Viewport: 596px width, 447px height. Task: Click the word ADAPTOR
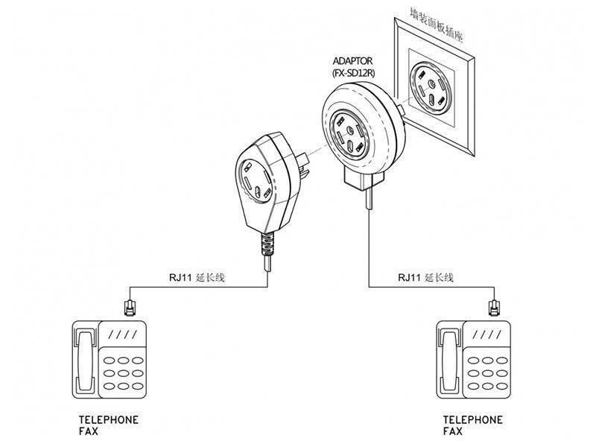point(352,61)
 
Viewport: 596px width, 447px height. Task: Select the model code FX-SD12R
point(353,72)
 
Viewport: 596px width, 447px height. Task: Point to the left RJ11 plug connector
point(130,308)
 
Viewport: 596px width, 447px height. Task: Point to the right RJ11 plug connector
point(494,308)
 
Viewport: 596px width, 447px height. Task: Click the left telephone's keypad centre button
point(123,373)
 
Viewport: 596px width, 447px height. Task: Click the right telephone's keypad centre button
point(487,373)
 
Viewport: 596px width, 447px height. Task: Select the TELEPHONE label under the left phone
point(109,420)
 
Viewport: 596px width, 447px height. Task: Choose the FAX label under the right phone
point(453,431)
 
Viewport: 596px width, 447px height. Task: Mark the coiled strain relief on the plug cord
point(267,244)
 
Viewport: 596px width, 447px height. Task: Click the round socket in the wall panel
point(430,88)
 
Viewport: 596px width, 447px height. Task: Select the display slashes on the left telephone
point(123,335)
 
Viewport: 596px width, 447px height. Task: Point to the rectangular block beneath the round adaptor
point(364,180)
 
